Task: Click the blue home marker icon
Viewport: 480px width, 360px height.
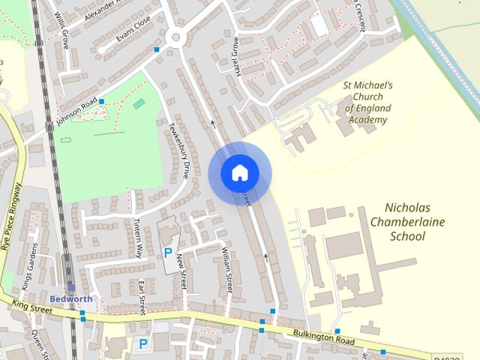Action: pyautogui.click(x=239, y=172)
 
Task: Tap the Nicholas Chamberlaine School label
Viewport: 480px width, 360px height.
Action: pyautogui.click(x=404, y=221)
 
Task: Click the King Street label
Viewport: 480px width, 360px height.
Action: pyautogui.click(x=31, y=306)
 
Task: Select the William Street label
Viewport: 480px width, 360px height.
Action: pyautogui.click(x=226, y=271)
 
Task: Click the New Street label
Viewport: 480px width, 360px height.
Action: pyautogui.click(x=181, y=271)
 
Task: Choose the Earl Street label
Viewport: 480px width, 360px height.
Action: pyautogui.click(x=141, y=298)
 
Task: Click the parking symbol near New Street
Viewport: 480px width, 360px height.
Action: pyautogui.click(x=167, y=253)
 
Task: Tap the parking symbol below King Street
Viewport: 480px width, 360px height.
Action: pyautogui.click(x=142, y=343)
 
